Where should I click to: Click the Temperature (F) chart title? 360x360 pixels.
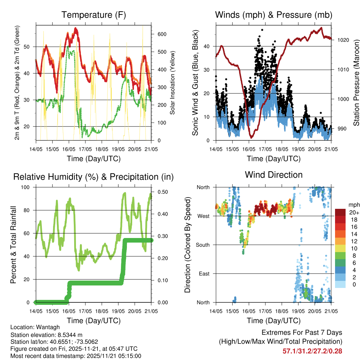tap(93, 15)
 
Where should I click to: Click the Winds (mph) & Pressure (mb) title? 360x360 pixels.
tap(274, 15)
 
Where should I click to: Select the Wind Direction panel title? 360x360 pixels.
tap(274, 175)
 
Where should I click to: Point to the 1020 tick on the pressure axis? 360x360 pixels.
tap(343, 40)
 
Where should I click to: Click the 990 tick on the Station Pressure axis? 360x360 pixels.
tap(342, 129)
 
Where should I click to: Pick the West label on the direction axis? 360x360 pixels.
tap(203, 216)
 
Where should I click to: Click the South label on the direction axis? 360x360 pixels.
tap(202, 245)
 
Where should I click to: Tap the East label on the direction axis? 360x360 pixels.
tap(204, 274)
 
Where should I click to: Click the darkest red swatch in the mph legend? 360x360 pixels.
tap(341, 212)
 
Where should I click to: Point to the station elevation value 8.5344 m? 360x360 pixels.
tap(69, 334)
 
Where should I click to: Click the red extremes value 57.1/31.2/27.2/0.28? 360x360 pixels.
tap(312, 351)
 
